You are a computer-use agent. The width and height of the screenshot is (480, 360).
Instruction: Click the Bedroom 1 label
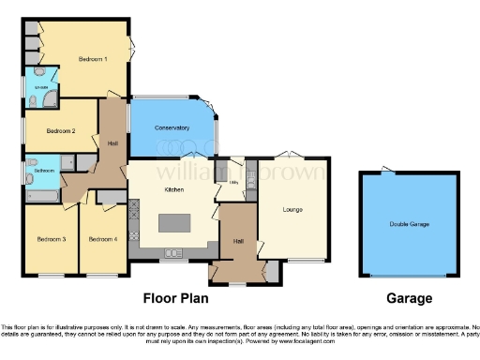point(92,60)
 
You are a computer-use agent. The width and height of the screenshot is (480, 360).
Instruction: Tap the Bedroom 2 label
point(60,130)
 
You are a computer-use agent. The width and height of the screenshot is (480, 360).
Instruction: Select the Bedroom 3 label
point(51,240)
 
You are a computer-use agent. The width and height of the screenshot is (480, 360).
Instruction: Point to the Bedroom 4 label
point(102,240)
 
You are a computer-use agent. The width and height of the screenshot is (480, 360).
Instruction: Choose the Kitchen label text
point(172,189)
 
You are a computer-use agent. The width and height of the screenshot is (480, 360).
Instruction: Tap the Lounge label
point(292,209)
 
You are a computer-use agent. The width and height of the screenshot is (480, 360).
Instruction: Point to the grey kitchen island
point(174,224)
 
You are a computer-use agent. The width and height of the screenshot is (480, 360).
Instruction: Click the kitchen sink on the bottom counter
point(173,252)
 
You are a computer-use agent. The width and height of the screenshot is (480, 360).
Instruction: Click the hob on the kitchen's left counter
point(133,212)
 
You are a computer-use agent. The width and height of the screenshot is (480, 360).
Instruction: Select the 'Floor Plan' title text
point(173,299)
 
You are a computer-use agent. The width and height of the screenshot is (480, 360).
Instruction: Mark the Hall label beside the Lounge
point(238,241)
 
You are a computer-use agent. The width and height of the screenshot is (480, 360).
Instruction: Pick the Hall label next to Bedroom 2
point(112,142)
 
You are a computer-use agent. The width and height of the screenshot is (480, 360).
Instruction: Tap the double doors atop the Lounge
point(292,154)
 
